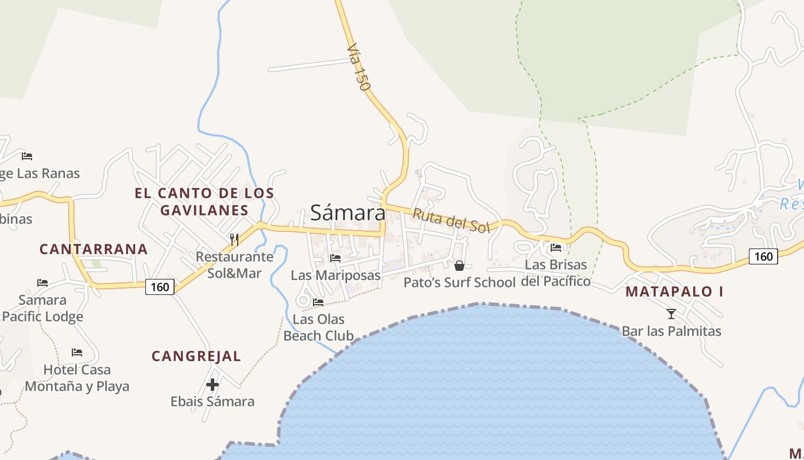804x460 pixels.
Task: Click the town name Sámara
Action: click(347, 213)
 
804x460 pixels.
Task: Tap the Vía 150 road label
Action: click(358, 68)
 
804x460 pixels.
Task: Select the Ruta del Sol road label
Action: click(451, 220)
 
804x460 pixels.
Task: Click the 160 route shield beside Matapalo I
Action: click(763, 256)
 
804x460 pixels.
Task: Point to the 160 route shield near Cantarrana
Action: click(160, 286)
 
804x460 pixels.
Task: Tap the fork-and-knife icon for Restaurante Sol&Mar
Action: click(234, 239)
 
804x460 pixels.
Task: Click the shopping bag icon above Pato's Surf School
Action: click(459, 266)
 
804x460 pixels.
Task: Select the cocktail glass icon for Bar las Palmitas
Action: click(671, 314)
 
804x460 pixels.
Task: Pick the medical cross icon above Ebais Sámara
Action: click(212, 385)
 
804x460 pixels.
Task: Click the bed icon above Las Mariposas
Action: click(335, 258)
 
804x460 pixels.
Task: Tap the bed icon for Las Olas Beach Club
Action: click(318, 302)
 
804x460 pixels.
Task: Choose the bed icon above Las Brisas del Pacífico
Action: click(556, 248)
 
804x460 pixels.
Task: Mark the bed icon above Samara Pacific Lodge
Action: click(42, 282)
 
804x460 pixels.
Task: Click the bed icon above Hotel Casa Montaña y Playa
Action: click(77, 352)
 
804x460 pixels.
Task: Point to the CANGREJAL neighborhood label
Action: click(196, 356)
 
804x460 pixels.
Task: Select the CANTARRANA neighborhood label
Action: click(94, 249)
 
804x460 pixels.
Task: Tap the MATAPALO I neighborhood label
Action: click(674, 292)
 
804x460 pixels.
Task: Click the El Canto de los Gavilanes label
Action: click(204, 201)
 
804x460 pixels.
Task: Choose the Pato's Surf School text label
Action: click(459, 282)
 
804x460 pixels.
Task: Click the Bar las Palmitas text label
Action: click(671, 331)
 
